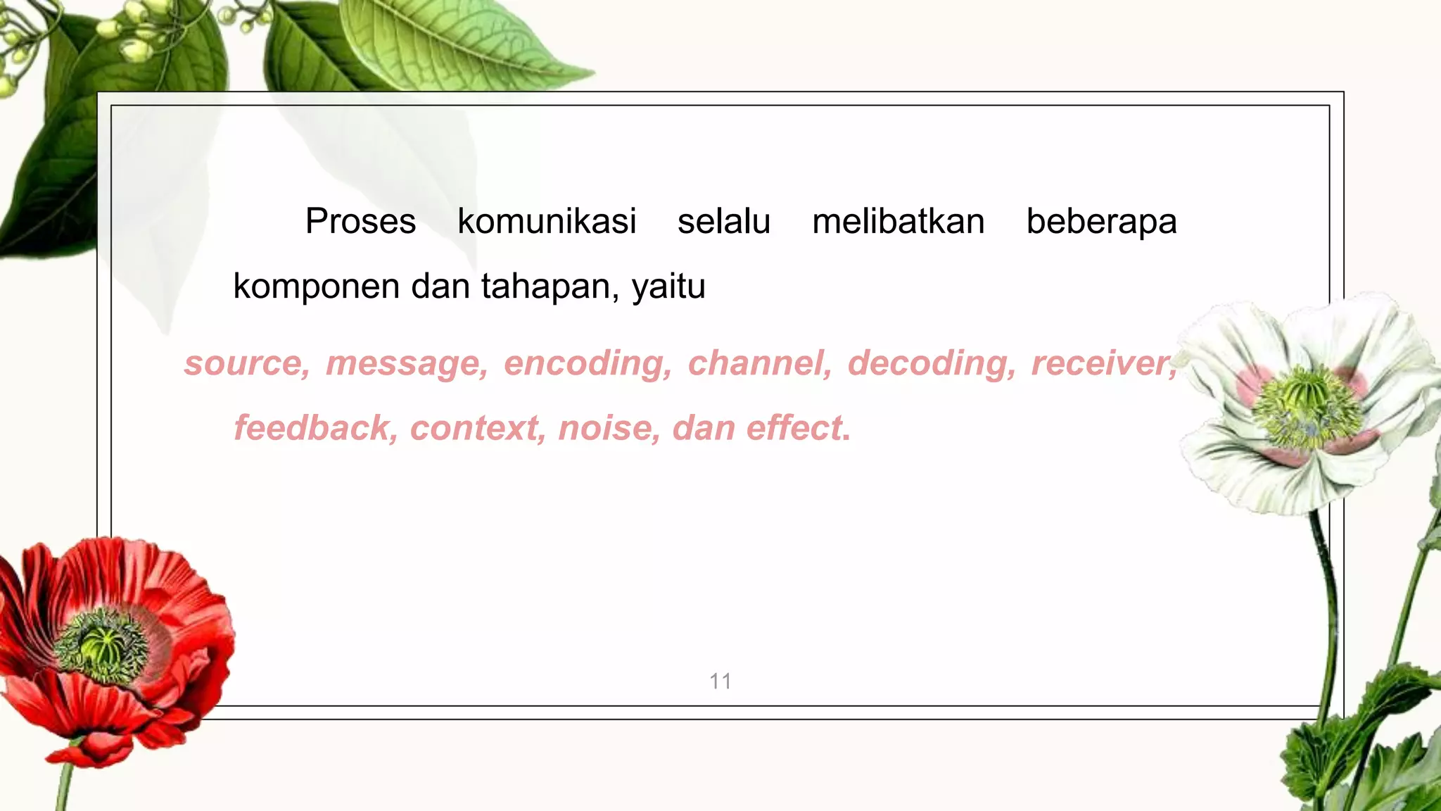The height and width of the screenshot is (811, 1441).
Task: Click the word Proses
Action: pos(360,222)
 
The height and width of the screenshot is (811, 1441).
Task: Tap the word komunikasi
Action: pos(547,222)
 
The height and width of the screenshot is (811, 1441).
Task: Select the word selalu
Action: pos(724,222)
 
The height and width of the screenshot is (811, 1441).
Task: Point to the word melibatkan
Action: pos(898,222)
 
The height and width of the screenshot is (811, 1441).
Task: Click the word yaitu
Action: pos(668,287)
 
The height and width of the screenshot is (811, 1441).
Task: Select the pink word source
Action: pos(244,364)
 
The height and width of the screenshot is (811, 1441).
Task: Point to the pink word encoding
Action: pos(585,365)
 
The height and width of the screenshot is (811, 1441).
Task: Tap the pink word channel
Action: pos(757,364)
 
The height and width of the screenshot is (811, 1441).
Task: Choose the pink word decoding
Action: pos(929,365)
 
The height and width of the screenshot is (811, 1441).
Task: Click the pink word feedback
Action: pos(313,428)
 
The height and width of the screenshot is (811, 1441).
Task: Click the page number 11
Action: pos(720,681)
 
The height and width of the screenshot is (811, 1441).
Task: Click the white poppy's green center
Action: pos(1307,408)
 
